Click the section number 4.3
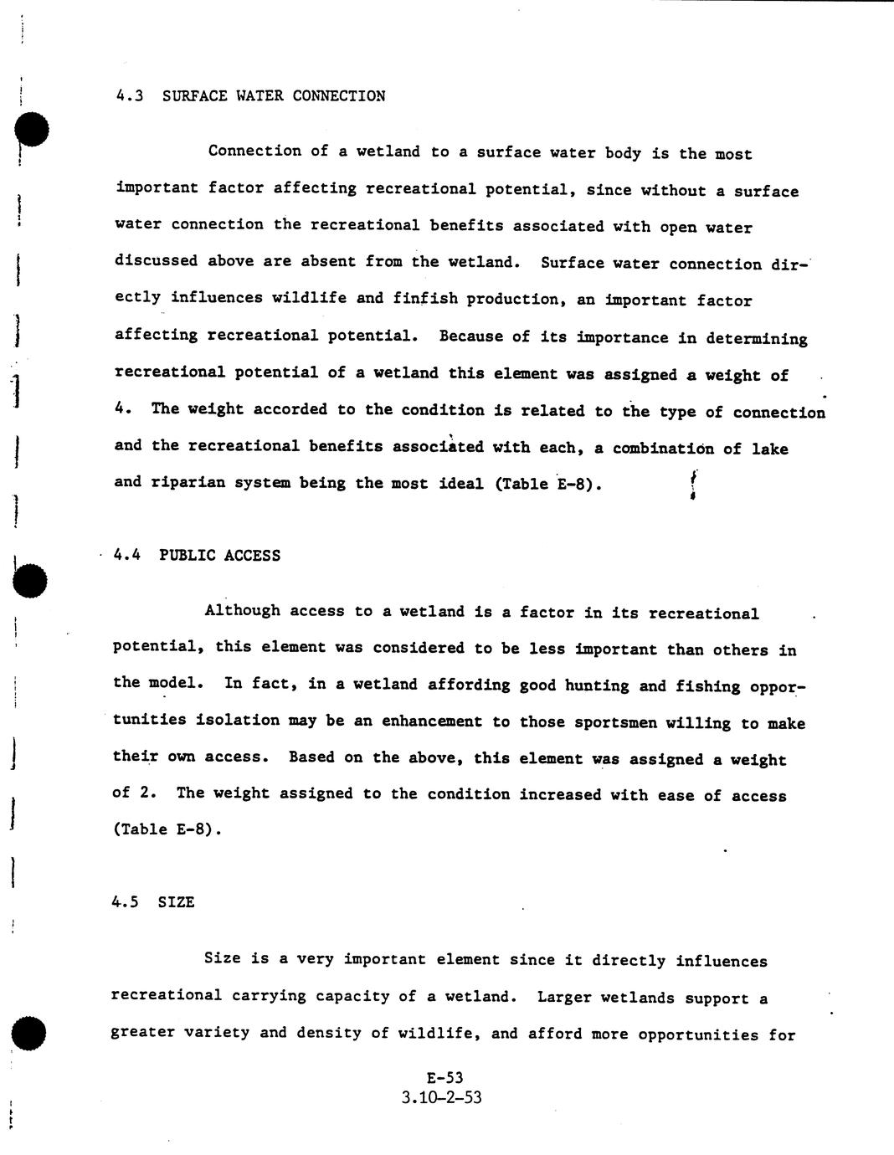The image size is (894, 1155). tap(130, 95)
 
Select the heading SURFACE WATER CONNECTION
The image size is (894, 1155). tap(274, 95)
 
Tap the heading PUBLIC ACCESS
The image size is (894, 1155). tap(219, 556)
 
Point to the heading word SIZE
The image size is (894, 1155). tap(176, 902)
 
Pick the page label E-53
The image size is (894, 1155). tap(444, 1078)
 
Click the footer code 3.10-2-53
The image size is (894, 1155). tap(442, 1097)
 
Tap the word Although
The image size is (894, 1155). tap(243, 611)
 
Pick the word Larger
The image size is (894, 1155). tap(564, 998)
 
